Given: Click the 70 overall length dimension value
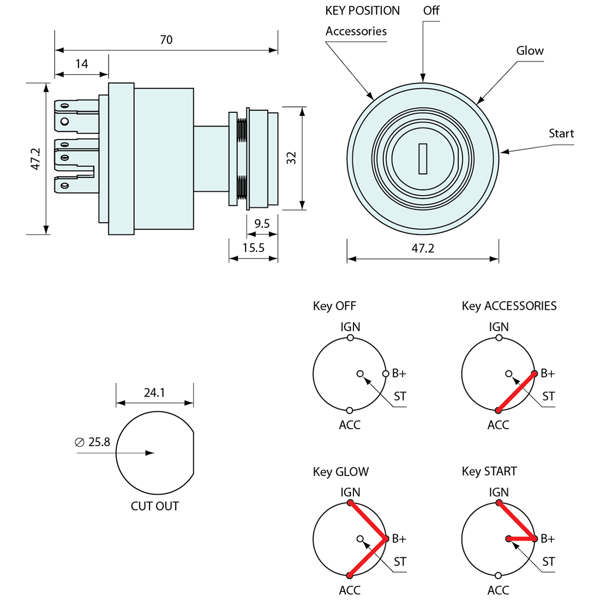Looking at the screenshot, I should pos(166,40).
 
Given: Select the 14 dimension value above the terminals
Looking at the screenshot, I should pos(82,64).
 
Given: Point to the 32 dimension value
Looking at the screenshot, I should pos(291,158).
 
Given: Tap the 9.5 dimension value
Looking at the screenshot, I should pos(262,224).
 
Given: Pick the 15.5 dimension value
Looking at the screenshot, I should pos(253,248).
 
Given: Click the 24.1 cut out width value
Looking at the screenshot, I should pos(154,393).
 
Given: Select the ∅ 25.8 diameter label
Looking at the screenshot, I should pos(93,442).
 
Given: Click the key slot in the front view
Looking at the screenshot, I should pos(423,158).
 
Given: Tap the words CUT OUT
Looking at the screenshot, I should pos(155,506).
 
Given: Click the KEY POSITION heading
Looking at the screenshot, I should pos(362,11).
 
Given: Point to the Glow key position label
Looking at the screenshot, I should pos(530,51).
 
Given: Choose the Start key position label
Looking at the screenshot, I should pos(561,134).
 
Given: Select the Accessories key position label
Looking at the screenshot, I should pos(356,31).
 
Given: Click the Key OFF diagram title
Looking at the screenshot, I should pos(334,306).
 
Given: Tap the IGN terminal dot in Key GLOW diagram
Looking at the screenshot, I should pos(350,502).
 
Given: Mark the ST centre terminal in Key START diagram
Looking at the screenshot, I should pos(508,539).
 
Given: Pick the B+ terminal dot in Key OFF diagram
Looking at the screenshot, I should pos(386,374).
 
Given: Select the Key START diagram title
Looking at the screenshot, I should pos(489,471).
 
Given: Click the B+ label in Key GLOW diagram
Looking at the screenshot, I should pos(399,539).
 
